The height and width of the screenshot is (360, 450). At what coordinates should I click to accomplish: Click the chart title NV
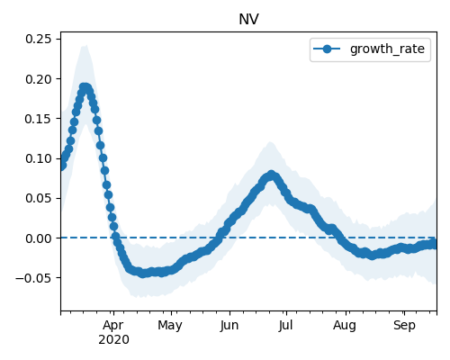248,20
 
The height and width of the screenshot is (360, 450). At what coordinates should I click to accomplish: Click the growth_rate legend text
387,49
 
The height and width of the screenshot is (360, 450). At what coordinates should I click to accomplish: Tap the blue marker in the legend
327,49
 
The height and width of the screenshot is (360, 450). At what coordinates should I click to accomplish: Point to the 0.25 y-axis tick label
39,39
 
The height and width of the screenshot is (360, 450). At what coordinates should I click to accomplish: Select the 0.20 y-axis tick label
39,79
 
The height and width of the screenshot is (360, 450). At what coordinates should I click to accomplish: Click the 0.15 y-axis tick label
39,119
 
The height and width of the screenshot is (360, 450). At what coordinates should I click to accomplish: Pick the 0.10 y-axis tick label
39,158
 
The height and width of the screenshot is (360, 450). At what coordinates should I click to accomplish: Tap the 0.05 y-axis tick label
39,198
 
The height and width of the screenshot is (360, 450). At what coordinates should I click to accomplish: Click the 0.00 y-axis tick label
39,238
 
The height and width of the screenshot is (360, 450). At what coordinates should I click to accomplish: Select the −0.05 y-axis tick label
33,278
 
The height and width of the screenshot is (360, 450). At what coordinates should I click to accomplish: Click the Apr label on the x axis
113,326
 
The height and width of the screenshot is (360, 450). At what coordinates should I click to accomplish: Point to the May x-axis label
170,326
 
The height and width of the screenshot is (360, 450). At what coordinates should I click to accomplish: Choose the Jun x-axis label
229,326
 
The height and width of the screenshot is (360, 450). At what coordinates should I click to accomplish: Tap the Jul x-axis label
285,326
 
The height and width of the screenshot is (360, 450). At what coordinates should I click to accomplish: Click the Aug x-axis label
345,326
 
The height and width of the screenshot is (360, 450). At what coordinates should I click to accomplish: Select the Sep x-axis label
404,326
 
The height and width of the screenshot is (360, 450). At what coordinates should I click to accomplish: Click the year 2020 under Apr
113,340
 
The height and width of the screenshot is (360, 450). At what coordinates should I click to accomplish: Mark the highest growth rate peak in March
85,88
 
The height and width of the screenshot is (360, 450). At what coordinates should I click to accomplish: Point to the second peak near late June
271,175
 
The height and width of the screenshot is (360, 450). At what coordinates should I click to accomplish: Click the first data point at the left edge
62,166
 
